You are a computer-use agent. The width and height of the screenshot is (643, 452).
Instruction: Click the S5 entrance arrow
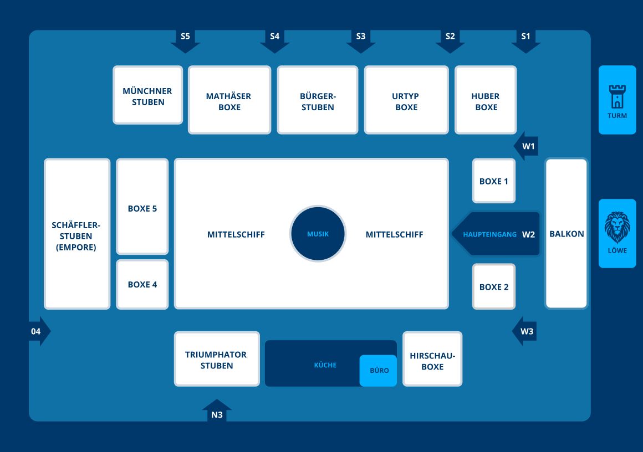pyautogui.click(x=185, y=40)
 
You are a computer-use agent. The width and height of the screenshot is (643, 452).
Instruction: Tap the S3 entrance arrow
pyautogui.click(x=361, y=40)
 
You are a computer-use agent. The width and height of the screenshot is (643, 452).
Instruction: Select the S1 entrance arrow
pyautogui.click(x=525, y=40)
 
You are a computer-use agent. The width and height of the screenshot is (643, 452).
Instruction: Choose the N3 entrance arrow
pyautogui.click(x=217, y=411)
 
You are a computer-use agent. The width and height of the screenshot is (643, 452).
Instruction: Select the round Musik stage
pyautogui.click(x=318, y=234)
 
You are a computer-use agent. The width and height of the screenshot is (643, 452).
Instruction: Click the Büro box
pyautogui.click(x=379, y=371)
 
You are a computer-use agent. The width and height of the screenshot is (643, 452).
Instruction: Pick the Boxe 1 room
pyautogui.click(x=494, y=181)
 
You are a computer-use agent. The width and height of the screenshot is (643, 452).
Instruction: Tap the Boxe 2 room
pyautogui.click(x=494, y=286)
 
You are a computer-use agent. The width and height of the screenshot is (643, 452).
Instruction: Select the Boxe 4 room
pyautogui.click(x=142, y=284)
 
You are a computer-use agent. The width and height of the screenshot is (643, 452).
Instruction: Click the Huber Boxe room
pyautogui.click(x=486, y=101)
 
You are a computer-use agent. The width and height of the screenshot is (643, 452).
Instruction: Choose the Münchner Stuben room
pyautogui.click(x=147, y=95)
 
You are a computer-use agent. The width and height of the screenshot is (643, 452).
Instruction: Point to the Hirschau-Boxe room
pyautogui.click(x=432, y=360)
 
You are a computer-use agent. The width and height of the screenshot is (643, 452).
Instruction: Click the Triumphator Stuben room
pyautogui.click(x=216, y=359)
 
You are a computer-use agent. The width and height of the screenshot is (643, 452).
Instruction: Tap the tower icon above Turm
pyautogui.click(x=617, y=96)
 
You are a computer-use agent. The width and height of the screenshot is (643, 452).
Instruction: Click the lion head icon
pyautogui.click(x=617, y=227)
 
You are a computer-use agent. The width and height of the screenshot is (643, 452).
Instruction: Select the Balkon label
pyautogui.click(x=567, y=234)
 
